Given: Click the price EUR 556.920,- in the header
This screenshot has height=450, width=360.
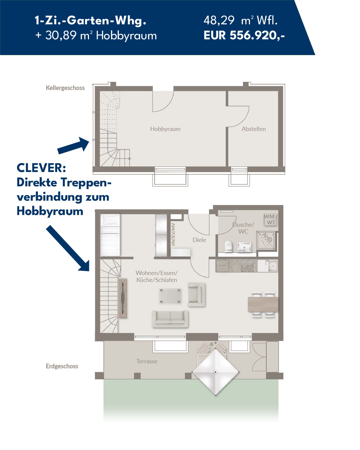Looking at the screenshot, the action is click(x=244, y=35).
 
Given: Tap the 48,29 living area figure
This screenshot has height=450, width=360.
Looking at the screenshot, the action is click(x=219, y=20).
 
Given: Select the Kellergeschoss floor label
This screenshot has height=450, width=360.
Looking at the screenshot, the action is click(x=65, y=88).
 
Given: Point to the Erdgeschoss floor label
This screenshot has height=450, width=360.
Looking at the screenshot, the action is click(x=62, y=366).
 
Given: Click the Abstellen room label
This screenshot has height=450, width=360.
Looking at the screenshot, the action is click(x=254, y=129).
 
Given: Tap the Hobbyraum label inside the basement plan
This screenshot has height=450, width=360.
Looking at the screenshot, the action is click(x=165, y=129).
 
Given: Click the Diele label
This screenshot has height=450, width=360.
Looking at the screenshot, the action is click(x=199, y=240).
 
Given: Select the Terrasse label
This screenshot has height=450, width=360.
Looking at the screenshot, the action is click(x=147, y=361).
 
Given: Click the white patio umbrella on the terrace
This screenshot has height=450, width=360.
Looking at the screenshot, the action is click(x=215, y=372).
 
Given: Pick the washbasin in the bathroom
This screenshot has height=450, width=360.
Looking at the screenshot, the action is click(x=244, y=247).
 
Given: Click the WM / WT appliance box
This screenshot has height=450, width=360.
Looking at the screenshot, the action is click(x=271, y=219).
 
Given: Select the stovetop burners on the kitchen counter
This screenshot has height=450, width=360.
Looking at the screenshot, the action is click(x=247, y=266).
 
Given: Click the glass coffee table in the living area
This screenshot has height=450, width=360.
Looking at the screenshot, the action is click(x=170, y=296).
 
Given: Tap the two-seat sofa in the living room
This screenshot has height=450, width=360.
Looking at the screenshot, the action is click(x=170, y=319).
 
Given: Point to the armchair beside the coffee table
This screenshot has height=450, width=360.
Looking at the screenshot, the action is click(x=196, y=294).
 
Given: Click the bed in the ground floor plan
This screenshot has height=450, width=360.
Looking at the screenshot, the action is click(x=110, y=235).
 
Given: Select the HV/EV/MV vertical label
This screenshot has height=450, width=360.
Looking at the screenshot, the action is click(x=173, y=234).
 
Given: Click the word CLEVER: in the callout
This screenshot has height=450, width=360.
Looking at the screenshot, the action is click(x=41, y=168).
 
